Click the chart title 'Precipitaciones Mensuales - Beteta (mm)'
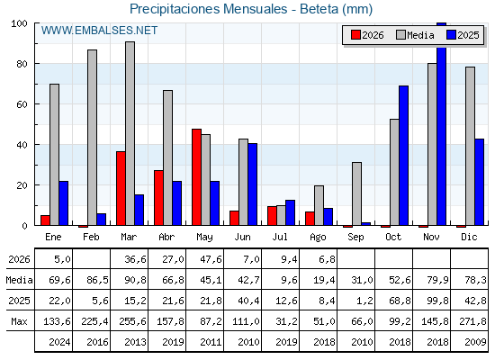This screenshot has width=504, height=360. [251, 9]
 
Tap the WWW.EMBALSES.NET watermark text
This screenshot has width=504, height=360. [99, 31]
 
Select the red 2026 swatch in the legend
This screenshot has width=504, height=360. [355, 35]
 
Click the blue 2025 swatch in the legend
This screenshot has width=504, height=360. [451, 35]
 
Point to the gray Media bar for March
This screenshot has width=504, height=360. [130, 133]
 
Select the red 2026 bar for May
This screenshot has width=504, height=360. [197, 177]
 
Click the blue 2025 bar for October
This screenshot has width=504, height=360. [404, 156]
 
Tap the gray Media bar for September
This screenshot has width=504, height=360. [356, 193]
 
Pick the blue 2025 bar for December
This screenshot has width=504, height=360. [479, 182]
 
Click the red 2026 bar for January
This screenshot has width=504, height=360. [45, 220]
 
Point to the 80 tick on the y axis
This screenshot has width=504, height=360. [22, 64]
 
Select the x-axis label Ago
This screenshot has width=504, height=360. [318, 238]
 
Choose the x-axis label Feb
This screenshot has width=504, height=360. [91, 237]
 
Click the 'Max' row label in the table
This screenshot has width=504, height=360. [19, 321]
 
